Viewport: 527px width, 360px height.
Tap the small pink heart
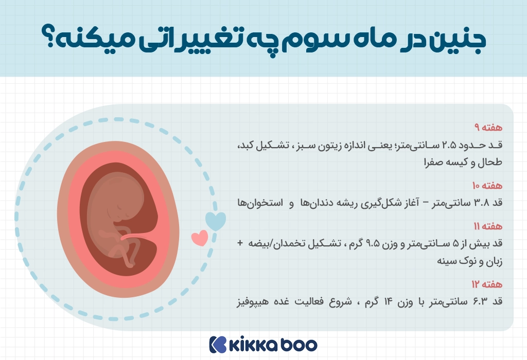[x=200, y=238]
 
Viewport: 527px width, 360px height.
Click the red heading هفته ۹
[x=488, y=128]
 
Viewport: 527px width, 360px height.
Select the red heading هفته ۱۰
[x=487, y=185]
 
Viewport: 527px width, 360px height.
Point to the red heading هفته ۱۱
[x=488, y=226]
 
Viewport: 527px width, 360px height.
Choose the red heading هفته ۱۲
[x=487, y=284]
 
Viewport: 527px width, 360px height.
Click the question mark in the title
[x=49, y=36]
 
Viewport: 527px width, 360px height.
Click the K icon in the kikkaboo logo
[x=218, y=345]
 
